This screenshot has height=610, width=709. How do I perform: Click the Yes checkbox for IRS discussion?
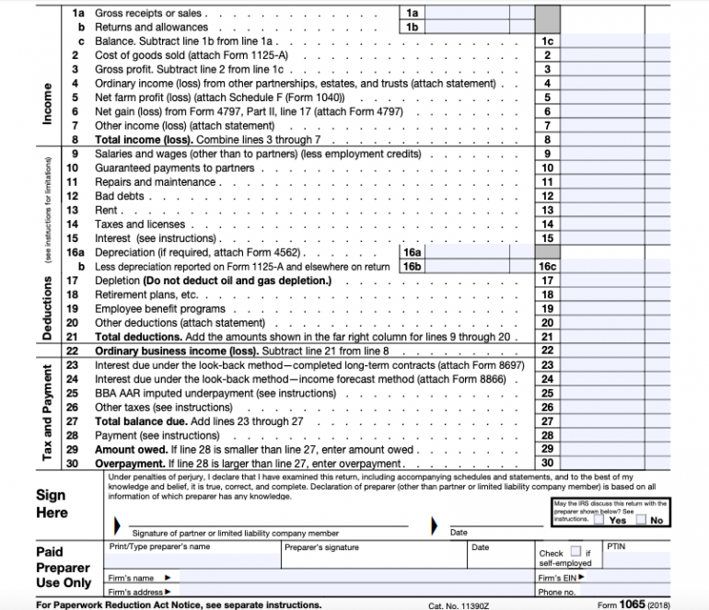(599, 520)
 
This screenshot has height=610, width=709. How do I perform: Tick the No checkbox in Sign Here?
(640, 520)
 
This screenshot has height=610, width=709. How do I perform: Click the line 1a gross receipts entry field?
(478, 13)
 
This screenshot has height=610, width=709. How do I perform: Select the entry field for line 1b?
(478, 28)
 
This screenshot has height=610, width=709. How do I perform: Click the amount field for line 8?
(602, 139)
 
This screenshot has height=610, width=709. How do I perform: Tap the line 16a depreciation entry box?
(478, 251)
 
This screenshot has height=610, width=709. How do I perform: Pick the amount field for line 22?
(602, 351)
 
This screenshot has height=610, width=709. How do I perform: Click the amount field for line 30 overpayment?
(602, 463)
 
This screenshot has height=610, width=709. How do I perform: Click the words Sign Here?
(52, 503)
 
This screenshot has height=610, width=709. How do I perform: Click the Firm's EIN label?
(558, 578)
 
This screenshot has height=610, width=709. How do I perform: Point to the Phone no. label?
(558, 592)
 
